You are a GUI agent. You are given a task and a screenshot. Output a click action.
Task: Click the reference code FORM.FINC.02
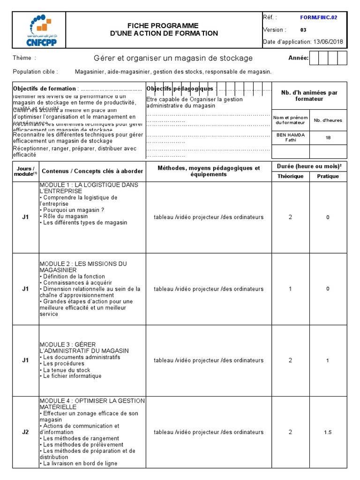[318, 18]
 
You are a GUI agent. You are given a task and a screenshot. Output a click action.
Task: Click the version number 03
[303, 30]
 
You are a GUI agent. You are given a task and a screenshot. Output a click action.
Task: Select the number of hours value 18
[328, 138]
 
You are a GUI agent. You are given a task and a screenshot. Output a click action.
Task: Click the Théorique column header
[290, 176]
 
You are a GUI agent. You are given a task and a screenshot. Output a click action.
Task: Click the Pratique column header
[328, 176]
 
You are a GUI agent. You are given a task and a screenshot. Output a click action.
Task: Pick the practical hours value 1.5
[328, 432]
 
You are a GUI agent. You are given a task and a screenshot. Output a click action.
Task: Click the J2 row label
[26, 432]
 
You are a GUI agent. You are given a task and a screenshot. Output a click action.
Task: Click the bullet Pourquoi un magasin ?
[73, 210]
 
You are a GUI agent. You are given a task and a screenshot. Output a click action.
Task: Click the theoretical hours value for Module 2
[290, 289]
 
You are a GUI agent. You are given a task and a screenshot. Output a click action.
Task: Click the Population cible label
[36, 72]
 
